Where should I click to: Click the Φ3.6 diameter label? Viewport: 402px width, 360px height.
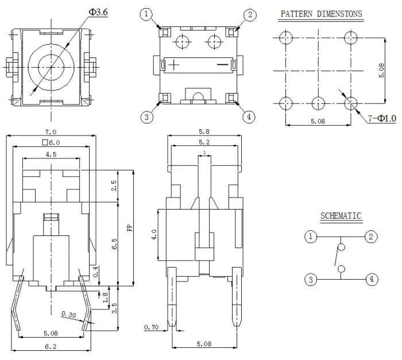98,12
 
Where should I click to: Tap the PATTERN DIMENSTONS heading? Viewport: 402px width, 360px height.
321,14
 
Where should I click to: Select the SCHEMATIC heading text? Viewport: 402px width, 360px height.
341,216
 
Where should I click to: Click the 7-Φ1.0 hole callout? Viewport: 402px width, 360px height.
382,118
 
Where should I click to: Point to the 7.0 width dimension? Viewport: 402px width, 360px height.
51,132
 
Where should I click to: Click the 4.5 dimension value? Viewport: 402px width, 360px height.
51,154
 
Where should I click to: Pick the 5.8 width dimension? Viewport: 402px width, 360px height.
204,131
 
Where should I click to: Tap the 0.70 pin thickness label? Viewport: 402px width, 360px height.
151,327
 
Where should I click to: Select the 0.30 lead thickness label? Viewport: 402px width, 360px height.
69,315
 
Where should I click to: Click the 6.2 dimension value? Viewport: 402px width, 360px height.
51,347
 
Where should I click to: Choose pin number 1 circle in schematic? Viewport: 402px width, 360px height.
311,236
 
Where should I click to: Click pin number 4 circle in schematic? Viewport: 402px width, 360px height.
372,279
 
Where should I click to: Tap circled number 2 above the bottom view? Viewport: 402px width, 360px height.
250,14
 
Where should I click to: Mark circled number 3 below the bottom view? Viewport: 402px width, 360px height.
146,117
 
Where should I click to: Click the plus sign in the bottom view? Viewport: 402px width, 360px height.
174,64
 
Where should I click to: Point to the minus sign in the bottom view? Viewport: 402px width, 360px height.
222,64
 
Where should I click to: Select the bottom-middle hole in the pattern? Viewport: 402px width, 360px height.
318,103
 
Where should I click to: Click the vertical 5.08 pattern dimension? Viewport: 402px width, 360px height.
381,71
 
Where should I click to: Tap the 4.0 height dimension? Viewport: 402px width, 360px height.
154,234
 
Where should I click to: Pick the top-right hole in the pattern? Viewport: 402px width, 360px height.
350,38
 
